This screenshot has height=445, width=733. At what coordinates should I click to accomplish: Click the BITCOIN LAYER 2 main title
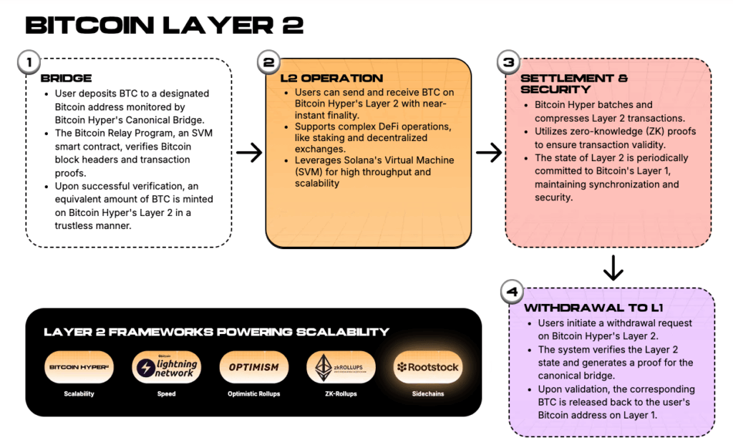click(x=164, y=25)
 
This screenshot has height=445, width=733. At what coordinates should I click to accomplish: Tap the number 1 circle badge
click(x=29, y=62)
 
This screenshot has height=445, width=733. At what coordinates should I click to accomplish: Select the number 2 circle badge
click(x=268, y=62)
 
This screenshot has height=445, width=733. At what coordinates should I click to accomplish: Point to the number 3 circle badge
click(x=508, y=62)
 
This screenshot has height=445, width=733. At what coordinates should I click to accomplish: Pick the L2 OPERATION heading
click(x=331, y=78)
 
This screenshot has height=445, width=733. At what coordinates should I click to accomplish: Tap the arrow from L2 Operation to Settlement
click(x=489, y=152)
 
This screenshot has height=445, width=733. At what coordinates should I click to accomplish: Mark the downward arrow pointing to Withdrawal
click(x=613, y=267)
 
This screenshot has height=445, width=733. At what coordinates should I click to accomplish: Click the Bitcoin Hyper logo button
click(x=79, y=367)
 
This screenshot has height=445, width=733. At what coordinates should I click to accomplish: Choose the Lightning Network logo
click(x=166, y=367)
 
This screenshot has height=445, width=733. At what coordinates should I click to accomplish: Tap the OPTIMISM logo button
click(x=253, y=367)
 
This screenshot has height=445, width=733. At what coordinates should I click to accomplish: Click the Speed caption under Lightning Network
click(x=166, y=393)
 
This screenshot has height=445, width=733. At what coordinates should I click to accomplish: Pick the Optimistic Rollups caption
click(x=253, y=393)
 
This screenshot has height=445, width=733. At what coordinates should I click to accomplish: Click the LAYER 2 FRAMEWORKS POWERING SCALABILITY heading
click(x=216, y=331)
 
